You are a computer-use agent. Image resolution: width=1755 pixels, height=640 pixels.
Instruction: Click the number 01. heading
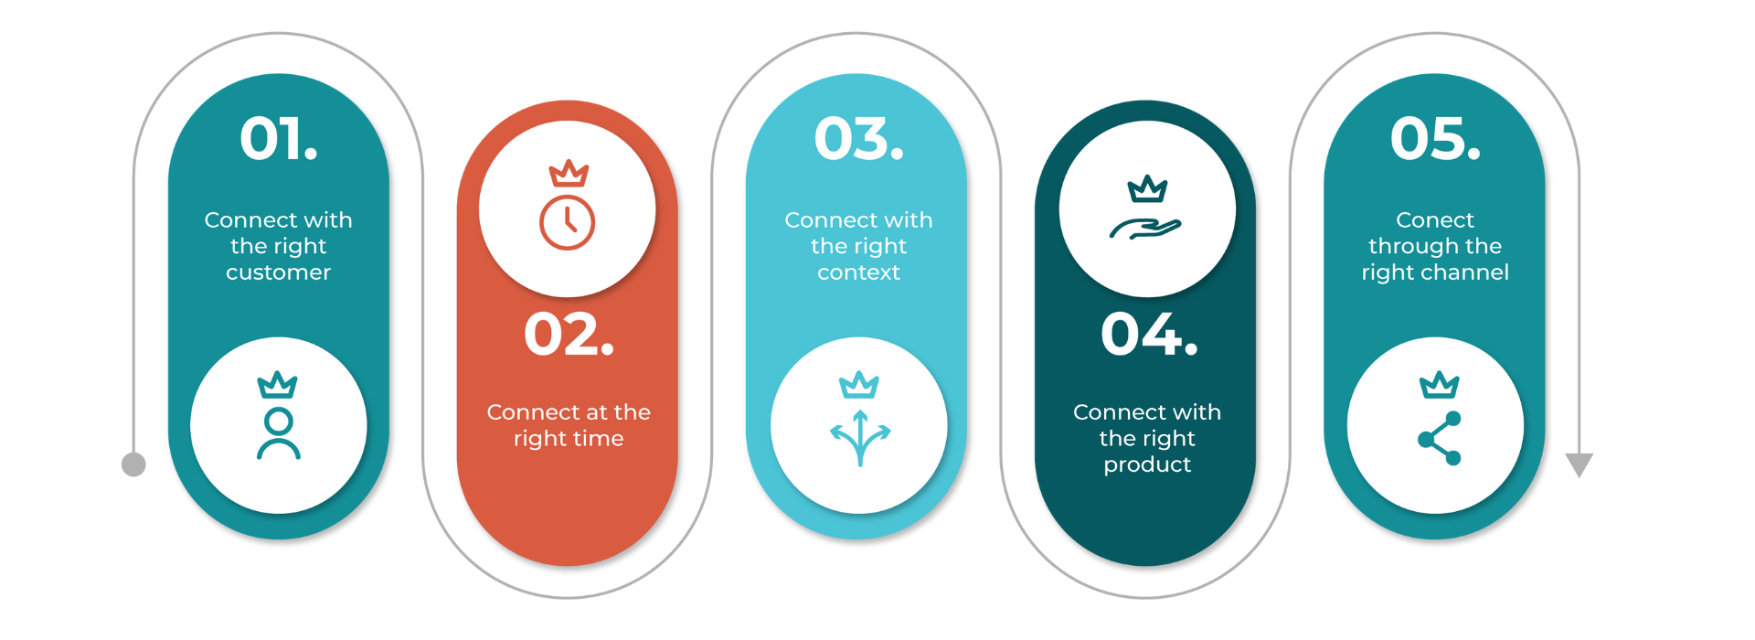[x=279, y=139]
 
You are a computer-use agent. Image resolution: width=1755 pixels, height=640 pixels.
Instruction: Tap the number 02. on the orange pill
[x=569, y=335]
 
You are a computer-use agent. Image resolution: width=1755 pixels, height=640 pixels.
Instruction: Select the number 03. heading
[x=859, y=139]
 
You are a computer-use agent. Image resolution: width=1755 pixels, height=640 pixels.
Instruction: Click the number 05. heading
[x=1435, y=139]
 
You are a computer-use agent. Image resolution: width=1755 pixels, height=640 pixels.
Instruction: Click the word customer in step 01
[x=279, y=272]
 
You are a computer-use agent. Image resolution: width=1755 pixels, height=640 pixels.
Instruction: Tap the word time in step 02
[x=598, y=439]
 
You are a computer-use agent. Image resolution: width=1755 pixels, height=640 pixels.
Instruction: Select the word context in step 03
[x=859, y=272]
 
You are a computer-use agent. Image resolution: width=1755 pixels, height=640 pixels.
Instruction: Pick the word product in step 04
[x=1148, y=465]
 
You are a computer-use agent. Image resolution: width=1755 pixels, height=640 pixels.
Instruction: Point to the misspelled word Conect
[x=1435, y=220]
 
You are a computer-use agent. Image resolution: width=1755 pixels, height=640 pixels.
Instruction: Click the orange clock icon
[x=568, y=222]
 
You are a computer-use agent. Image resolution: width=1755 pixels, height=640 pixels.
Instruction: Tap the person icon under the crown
[x=279, y=433]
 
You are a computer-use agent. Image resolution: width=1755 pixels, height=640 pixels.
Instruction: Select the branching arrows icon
[x=860, y=438]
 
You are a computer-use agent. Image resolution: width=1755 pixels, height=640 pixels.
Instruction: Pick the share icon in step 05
[x=1440, y=439]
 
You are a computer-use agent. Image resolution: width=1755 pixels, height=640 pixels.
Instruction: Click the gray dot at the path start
[x=133, y=464]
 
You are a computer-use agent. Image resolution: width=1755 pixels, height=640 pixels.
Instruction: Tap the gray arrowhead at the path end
[x=1579, y=464]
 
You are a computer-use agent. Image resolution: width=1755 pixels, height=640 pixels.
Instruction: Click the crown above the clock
[x=569, y=174]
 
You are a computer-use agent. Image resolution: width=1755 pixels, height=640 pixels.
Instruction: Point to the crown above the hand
[x=1148, y=189]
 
